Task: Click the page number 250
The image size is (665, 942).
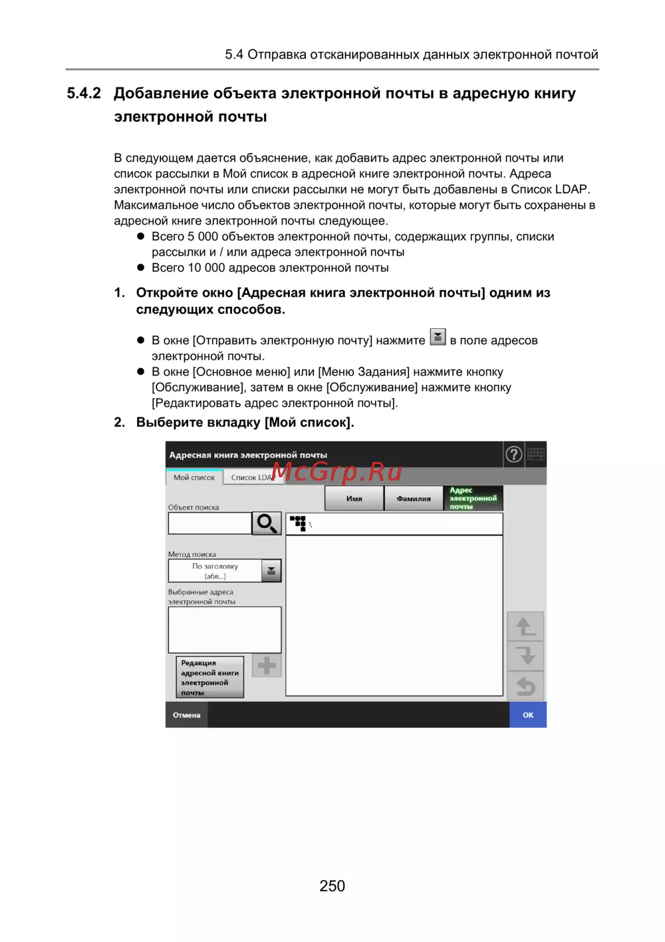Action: pos(332,886)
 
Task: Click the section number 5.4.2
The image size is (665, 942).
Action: pos(84,94)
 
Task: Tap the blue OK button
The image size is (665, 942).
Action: pos(528,715)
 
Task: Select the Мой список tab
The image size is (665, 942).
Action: pos(194,477)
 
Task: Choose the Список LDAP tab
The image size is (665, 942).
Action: pos(251,477)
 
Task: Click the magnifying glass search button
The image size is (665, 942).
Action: pos(267,523)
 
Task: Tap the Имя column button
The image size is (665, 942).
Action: pos(354,499)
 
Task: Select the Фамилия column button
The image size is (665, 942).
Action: pos(414,499)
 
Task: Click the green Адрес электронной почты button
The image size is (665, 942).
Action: pos(473,499)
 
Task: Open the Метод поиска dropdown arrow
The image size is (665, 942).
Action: pos(271,571)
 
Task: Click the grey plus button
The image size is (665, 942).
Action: pos(267,666)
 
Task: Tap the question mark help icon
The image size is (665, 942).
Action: pos(514,455)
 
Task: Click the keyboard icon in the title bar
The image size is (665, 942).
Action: pos(536,455)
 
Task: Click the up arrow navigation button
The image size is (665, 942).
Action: pos(525,626)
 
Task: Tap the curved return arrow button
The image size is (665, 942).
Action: pos(525,686)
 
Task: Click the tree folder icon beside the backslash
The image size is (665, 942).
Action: pos(298,523)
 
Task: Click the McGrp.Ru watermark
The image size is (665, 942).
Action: pos(336,472)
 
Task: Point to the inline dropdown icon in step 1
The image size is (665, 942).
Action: pos(438,337)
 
